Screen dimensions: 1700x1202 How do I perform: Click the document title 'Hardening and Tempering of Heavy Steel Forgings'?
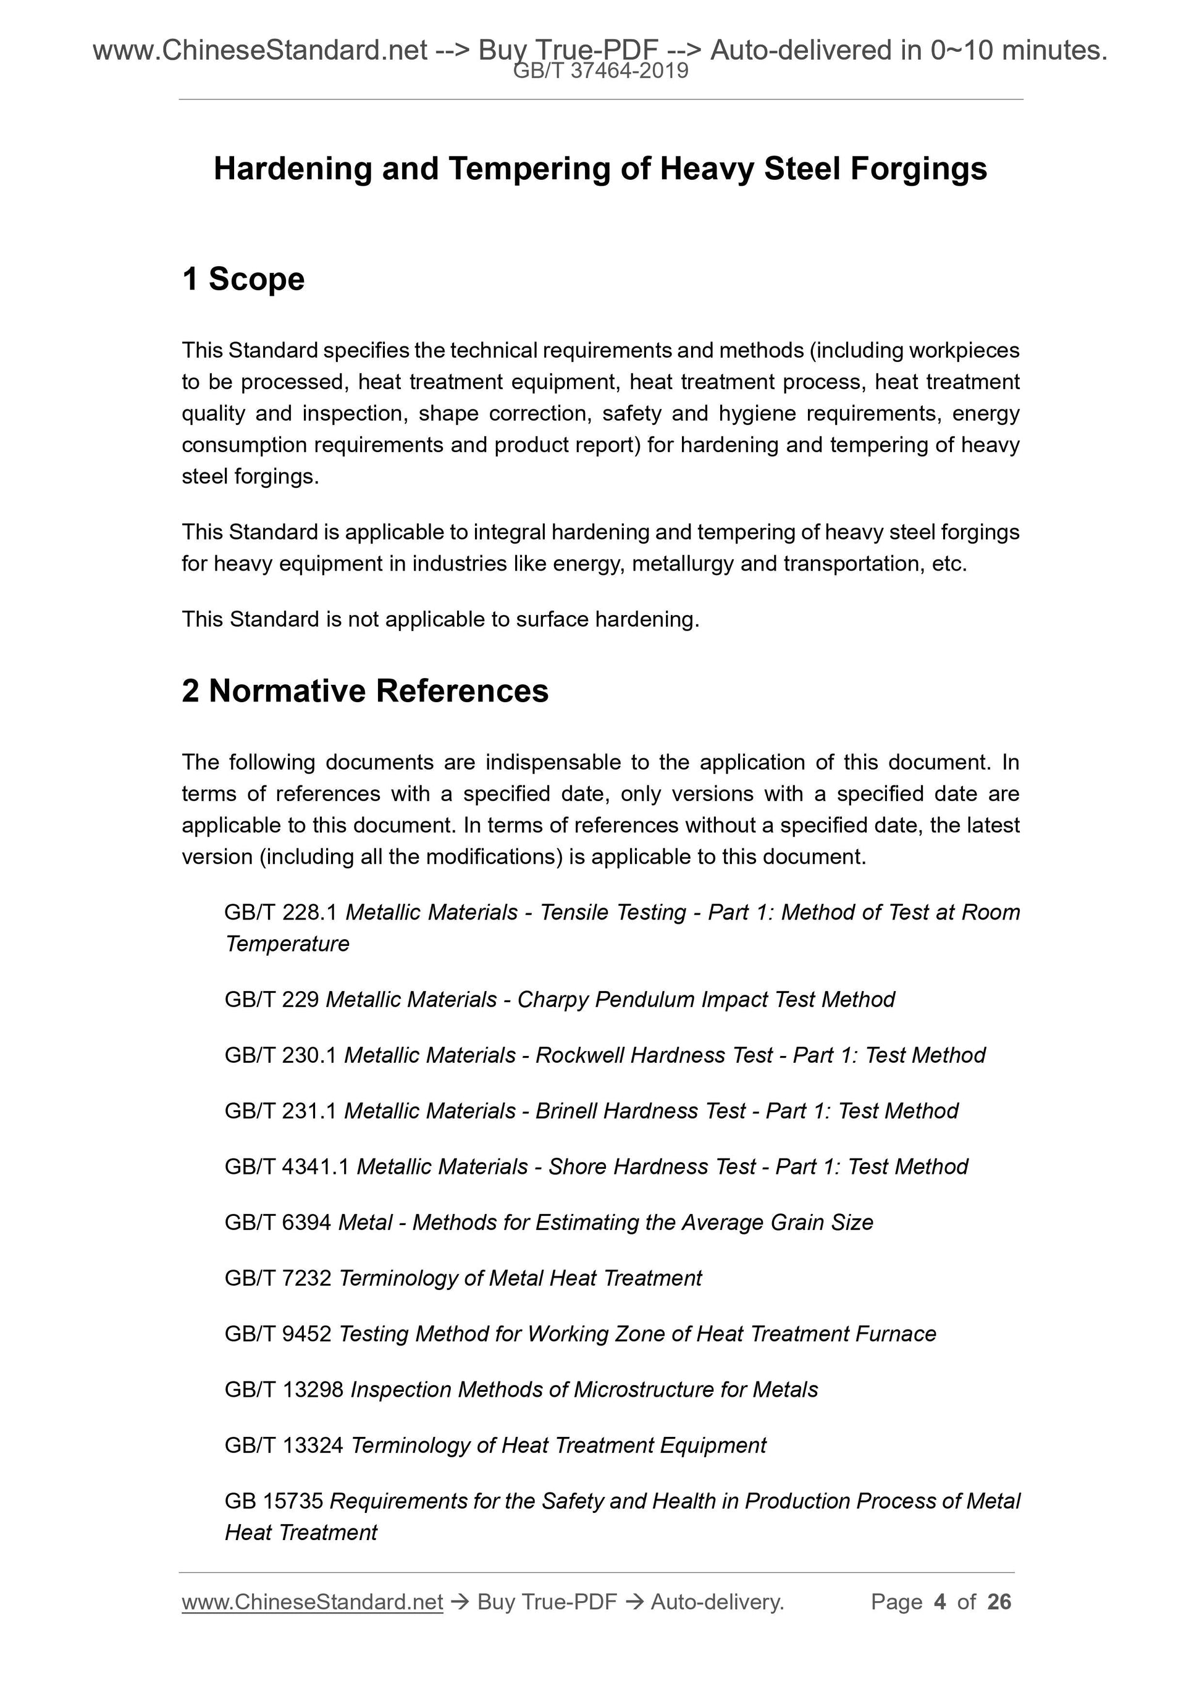(x=600, y=169)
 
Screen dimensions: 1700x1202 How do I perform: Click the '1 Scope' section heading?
(x=243, y=279)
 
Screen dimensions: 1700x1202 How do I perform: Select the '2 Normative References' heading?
(x=365, y=691)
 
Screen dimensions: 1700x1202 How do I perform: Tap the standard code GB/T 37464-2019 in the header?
(x=600, y=71)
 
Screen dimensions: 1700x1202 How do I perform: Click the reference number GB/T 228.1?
(x=280, y=912)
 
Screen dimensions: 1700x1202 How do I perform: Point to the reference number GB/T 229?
(x=271, y=1000)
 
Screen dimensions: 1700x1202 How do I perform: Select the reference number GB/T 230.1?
(x=280, y=1055)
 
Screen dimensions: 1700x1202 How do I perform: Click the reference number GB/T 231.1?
(x=280, y=1111)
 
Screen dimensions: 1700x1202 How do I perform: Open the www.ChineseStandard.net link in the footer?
(x=312, y=1602)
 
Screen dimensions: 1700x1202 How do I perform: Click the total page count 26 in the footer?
(x=999, y=1602)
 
